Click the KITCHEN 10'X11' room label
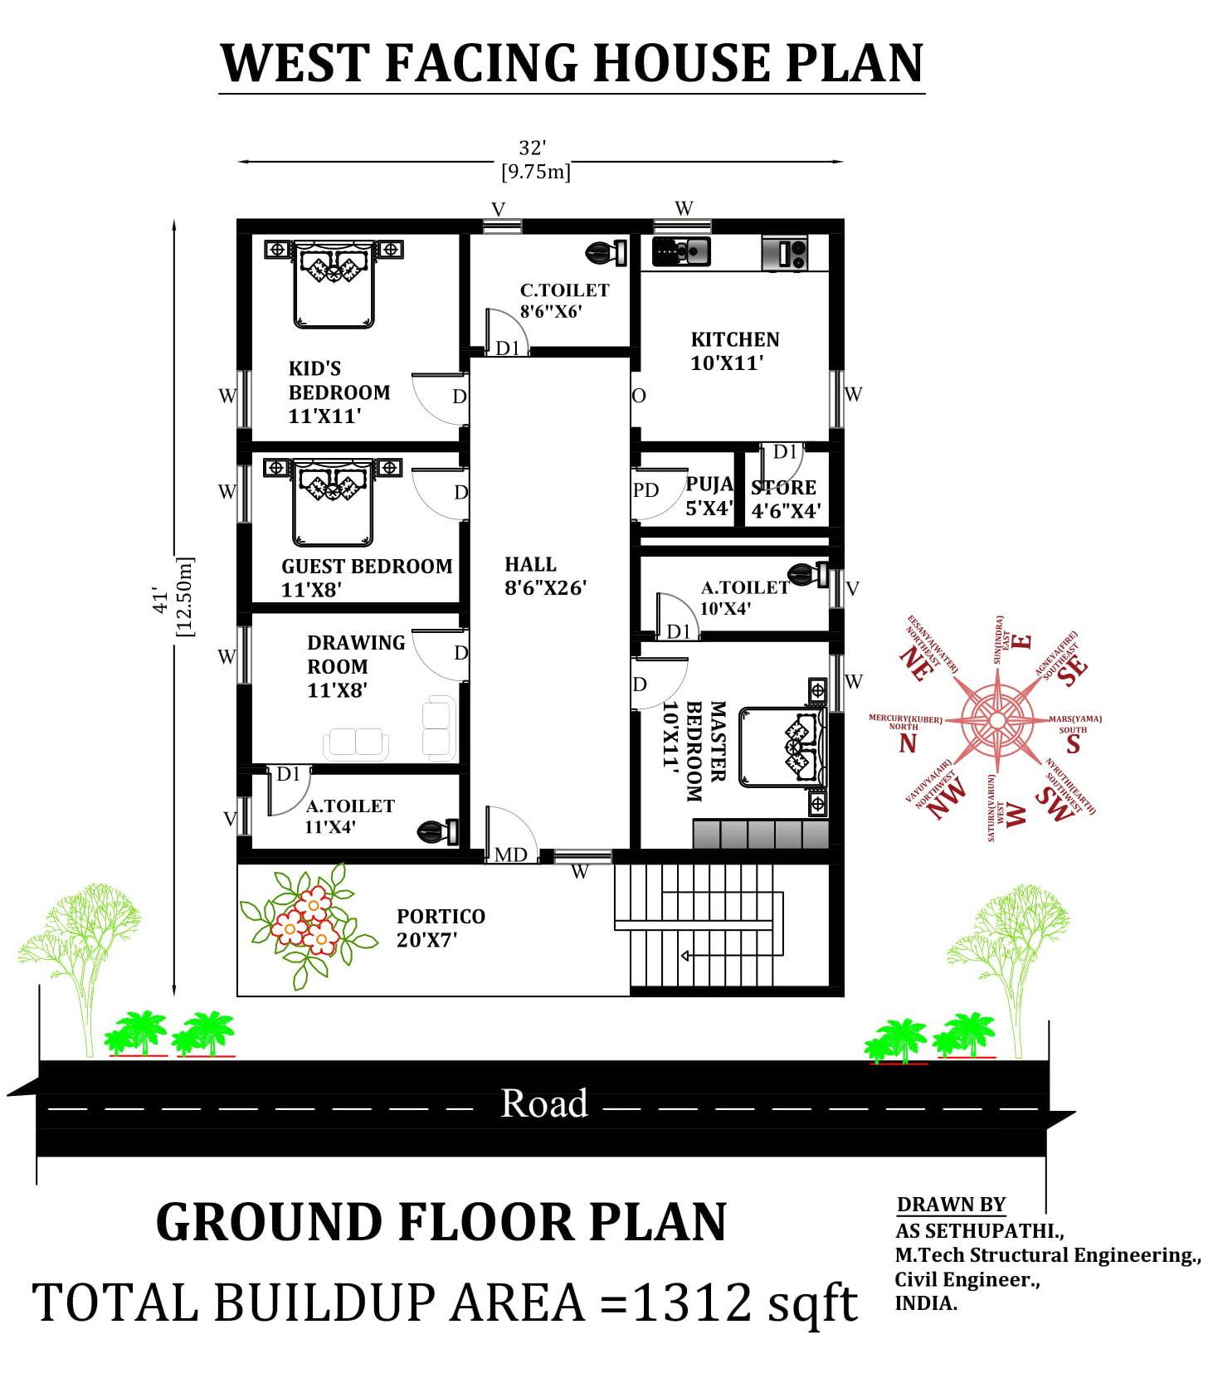(x=734, y=351)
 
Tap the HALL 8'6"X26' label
(x=544, y=576)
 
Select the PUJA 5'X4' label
(x=709, y=496)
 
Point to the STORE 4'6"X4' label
(x=785, y=499)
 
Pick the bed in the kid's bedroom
(x=334, y=285)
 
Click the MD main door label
(x=510, y=855)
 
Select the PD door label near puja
(x=645, y=490)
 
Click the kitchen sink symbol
(x=681, y=251)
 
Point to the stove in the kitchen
(x=784, y=252)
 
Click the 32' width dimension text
(x=532, y=149)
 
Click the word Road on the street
(x=543, y=1103)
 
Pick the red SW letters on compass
(x=1054, y=803)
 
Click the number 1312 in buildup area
(x=693, y=1302)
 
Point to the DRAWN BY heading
(x=951, y=1204)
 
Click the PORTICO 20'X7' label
(x=440, y=928)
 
